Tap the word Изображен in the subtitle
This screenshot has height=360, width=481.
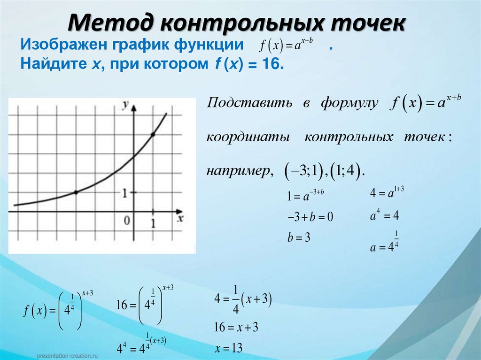pyautogui.click(x=63, y=46)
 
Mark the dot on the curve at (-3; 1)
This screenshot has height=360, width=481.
pyautogui.click(x=76, y=192)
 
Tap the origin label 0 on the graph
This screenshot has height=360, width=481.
pyautogui.click(x=126, y=220)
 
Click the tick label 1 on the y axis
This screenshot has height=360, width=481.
pyautogui.click(x=125, y=192)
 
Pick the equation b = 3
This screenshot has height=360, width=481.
pyautogui.click(x=299, y=237)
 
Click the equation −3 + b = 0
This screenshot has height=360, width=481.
pyautogui.click(x=310, y=217)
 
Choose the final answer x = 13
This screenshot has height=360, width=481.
pyautogui.click(x=229, y=348)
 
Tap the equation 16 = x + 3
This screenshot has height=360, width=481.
pyautogui.click(x=236, y=327)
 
